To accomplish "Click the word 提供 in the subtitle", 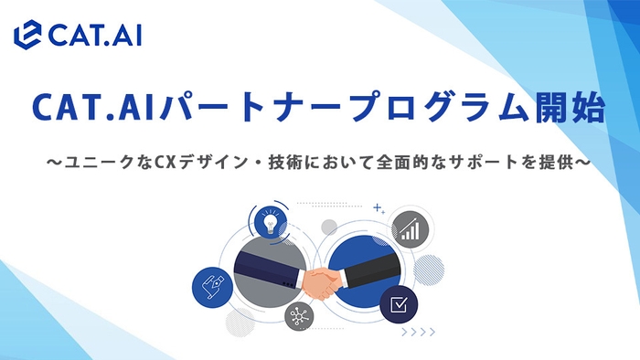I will [563, 163].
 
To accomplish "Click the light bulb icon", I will [268, 223].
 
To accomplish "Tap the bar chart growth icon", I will [411, 228].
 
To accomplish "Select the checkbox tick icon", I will [398, 303].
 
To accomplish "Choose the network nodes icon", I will [298, 316].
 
